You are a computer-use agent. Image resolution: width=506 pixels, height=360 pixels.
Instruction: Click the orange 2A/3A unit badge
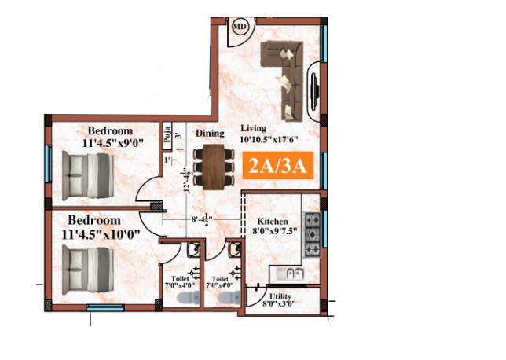point(278,165)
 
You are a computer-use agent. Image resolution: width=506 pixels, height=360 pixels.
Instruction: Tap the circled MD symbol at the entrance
point(240,26)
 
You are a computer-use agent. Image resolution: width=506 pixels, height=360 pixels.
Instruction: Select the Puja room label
point(167,135)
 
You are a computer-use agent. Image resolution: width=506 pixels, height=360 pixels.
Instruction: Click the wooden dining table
point(214,167)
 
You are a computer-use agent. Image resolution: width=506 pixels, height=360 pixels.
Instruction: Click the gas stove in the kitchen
point(312,235)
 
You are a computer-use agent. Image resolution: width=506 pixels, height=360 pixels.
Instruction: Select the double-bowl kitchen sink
point(291,274)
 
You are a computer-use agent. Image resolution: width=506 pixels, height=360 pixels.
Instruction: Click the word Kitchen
point(273,222)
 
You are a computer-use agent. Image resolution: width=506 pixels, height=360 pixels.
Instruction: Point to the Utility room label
point(280,296)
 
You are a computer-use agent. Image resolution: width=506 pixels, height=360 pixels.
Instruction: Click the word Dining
point(210,133)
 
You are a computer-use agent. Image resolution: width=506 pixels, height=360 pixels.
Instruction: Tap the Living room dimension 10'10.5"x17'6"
point(269,140)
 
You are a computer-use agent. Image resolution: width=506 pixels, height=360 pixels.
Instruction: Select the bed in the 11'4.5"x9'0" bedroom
point(88,175)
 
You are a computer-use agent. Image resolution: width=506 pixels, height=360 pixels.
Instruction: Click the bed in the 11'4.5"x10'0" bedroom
point(88,270)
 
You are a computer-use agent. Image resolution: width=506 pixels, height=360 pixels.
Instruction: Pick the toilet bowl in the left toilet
point(189,297)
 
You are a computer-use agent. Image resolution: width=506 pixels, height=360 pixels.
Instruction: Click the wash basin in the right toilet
point(235,250)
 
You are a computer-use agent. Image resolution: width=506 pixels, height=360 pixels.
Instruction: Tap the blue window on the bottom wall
point(105,307)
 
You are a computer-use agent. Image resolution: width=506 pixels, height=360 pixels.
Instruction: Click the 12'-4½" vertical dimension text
point(186,180)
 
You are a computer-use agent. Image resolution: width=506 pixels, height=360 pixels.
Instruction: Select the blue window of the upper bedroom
point(49,163)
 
